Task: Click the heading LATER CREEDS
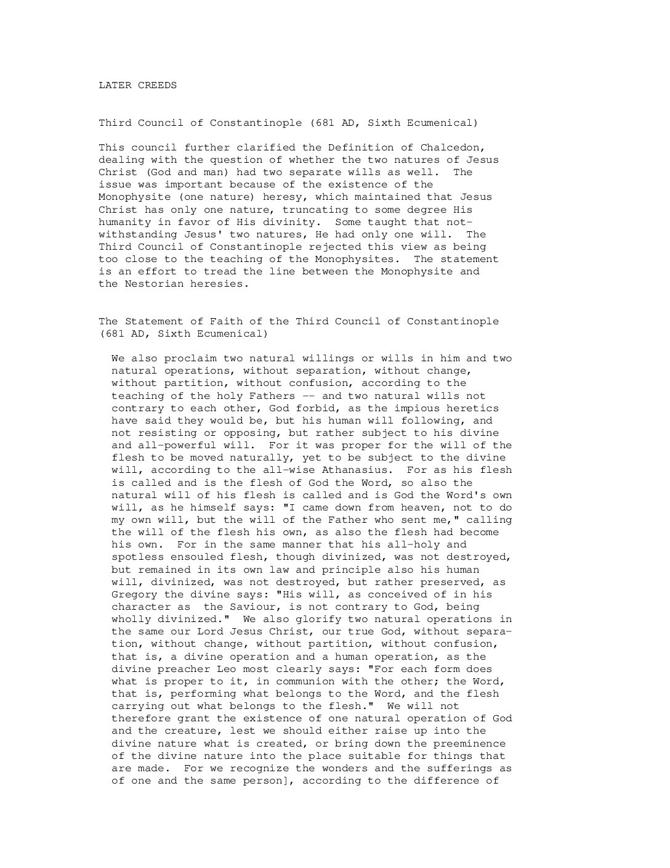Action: click(x=137, y=86)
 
